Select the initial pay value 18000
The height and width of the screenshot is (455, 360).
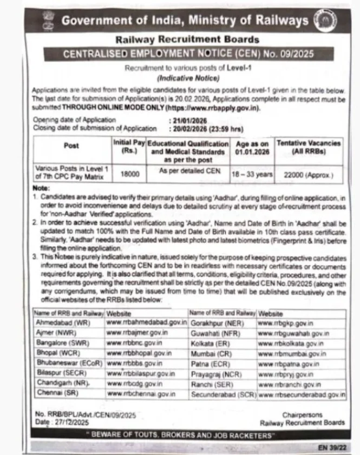coord(129,174)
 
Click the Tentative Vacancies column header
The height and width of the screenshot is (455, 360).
coord(309,147)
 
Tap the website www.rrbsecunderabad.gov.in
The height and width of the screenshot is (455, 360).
coord(302,394)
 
